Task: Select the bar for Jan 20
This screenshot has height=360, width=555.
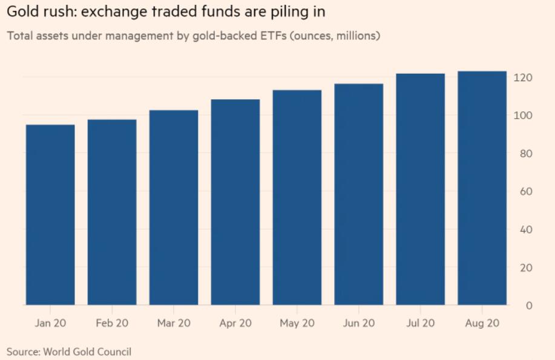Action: [x=50, y=215]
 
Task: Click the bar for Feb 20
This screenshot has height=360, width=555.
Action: [x=112, y=212]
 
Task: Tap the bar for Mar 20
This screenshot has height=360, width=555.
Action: [x=174, y=208]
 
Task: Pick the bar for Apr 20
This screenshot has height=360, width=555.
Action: [x=235, y=202]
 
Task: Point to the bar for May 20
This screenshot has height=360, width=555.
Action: [x=297, y=197]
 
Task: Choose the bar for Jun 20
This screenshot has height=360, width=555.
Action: [x=359, y=194]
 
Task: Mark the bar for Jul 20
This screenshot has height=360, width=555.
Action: [x=421, y=189]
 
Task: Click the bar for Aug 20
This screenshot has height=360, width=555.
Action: [x=482, y=188]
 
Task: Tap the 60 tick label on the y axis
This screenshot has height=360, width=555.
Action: [x=525, y=192]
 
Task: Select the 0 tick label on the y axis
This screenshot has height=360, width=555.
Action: [x=528, y=306]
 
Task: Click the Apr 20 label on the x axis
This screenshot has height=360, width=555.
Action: [x=235, y=323]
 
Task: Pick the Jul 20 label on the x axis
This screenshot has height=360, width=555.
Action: [x=421, y=323]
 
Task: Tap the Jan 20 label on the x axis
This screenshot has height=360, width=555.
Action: [x=50, y=323]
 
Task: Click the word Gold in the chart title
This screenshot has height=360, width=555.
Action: [x=21, y=12]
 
